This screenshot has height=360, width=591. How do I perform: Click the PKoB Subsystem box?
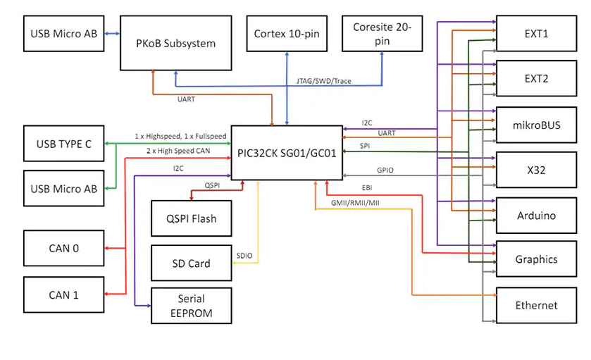pyautogui.click(x=175, y=43)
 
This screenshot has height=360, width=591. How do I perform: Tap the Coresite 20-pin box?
pyautogui.click(x=382, y=34)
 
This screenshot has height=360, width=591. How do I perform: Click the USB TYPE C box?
pyautogui.click(x=63, y=144)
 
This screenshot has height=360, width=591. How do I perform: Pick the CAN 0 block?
pyautogui.click(x=63, y=248)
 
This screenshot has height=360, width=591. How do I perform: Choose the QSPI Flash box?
pyautogui.click(x=191, y=218)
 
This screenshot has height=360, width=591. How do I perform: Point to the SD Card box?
pyautogui.click(x=191, y=263)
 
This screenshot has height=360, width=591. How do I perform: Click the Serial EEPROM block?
pyautogui.click(x=191, y=305)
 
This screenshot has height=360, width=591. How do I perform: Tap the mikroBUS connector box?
pyautogui.click(x=536, y=125)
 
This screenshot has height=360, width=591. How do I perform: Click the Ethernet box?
pyautogui.click(x=536, y=305)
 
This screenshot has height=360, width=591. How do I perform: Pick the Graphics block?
pyautogui.click(x=536, y=259)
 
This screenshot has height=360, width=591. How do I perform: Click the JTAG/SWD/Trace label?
pyautogui.click(x=324, y=81)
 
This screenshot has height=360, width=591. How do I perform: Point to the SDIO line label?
pyautogui.click(x=244, y=255)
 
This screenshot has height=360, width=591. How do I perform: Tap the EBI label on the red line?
pyautogui.click(x=367, y=188)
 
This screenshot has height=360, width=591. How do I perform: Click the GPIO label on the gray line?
pyautogui.click(x=385, y=170)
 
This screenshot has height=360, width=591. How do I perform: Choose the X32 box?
pyautogui.click(x=536, y=170)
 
